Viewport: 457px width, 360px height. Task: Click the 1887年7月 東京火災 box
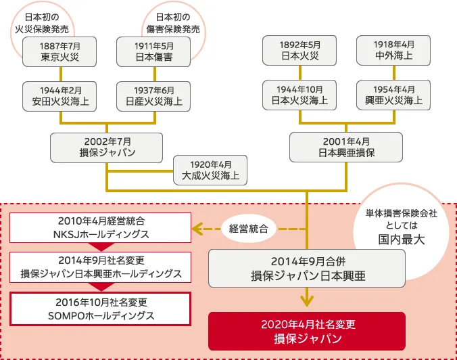click(x=59, y=51)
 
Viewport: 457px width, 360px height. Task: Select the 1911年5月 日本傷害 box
click(x=153, y=51)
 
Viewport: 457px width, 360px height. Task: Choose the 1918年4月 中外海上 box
click(x=394, y=51)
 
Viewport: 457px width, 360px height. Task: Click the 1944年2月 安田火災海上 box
click(x=59, y=96)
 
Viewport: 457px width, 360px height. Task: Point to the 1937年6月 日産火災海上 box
click(x=153, y=96)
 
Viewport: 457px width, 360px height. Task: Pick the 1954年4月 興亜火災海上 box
click(x=394, y=96)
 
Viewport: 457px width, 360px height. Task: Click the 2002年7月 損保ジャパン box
click(x=107, y=147)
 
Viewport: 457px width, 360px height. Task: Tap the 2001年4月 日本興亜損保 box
click(x=346, y=147)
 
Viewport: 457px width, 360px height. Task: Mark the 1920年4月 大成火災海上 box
click(x=210, y=171)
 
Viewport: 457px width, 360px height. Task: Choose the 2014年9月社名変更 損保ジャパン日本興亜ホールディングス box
click(x=101, y=267)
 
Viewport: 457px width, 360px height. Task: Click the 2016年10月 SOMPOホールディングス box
click(x=101, y=308)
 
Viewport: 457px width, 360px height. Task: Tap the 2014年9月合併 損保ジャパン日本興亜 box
click(x=307, y=268)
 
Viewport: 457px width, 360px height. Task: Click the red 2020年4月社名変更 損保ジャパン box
click(x=307, y=330)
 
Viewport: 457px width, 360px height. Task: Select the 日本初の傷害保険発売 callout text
click(x=172, y=22)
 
